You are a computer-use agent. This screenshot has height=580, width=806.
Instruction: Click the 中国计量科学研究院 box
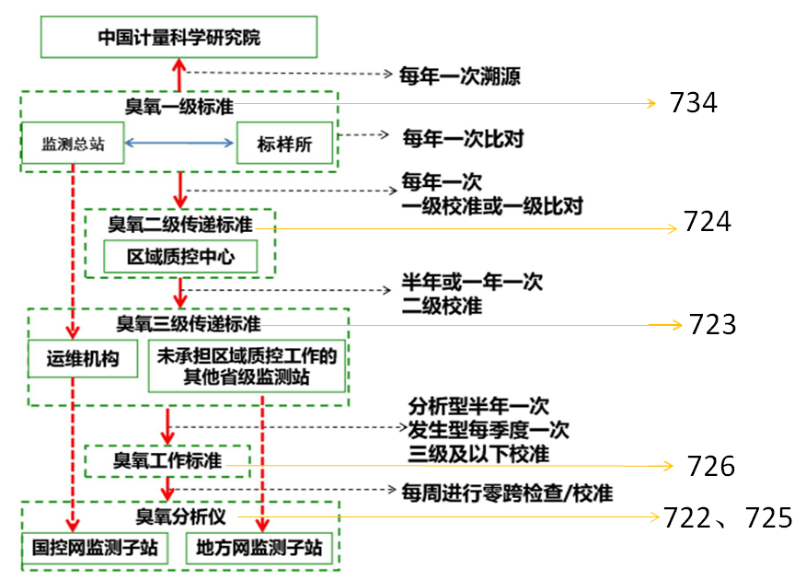coord(179,38)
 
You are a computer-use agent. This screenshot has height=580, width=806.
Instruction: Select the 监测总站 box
coord(73,144)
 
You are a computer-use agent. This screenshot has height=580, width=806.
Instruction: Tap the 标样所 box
coord(284,144)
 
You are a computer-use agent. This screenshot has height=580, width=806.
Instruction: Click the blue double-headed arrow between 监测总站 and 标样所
coord(179,143)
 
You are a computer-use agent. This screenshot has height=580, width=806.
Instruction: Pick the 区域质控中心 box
coord(180,257)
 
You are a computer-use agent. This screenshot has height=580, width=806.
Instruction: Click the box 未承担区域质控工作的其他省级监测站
coord(247,366)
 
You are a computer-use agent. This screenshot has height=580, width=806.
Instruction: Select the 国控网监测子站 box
coord(95,549)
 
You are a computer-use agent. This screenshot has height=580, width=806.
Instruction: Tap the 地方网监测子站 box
coord(259,549)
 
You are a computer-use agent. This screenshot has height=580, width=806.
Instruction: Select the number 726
coord(710,467)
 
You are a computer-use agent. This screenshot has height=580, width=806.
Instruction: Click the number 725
coord(768,518)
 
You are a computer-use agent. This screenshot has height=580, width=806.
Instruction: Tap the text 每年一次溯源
coord(459,75)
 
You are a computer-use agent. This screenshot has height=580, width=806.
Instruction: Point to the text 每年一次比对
coord(463,139)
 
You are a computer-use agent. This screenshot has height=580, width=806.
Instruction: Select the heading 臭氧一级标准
coord(178,106)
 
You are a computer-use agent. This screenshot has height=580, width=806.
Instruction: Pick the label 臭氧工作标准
coord(167,460)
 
